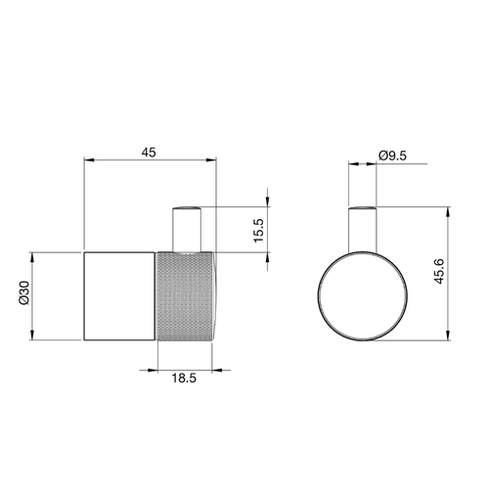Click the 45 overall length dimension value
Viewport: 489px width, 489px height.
[149, 153]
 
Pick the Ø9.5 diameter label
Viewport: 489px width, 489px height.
[393, 154]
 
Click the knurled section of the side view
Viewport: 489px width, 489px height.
[184, 295]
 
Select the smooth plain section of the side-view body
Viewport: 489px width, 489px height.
[119, 295]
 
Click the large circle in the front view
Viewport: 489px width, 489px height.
[363, 294]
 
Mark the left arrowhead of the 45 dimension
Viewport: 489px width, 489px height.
[88, 162]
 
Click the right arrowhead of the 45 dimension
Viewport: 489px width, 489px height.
[213, 162]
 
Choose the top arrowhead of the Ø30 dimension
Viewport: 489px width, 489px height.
[34, 254]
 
